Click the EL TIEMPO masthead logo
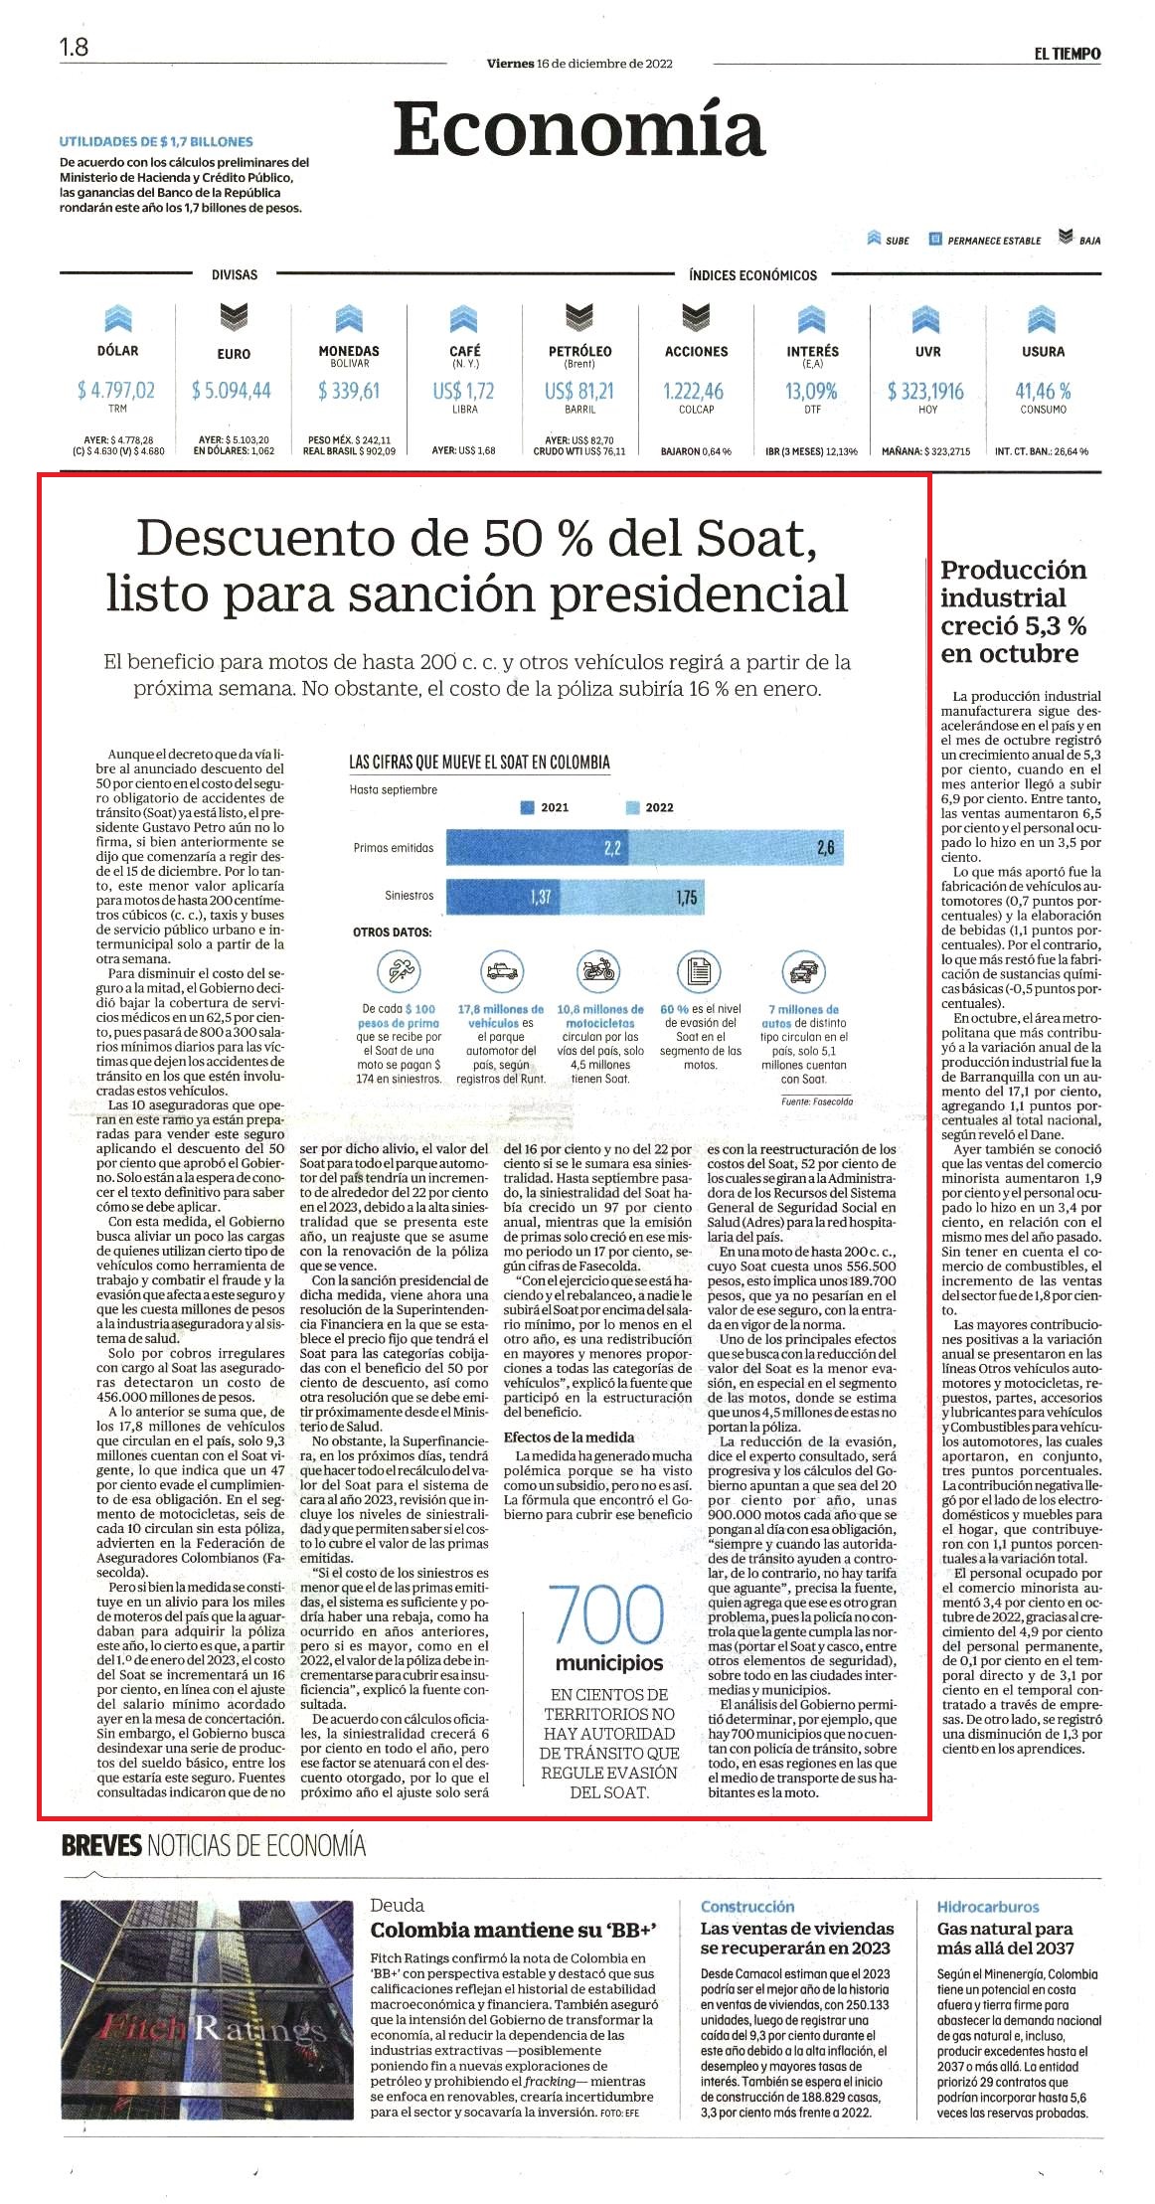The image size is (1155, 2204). pos(1067,54)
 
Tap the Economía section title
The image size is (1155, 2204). pos(578,130)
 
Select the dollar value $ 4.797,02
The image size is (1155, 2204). pos(116,391)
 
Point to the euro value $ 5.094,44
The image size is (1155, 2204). pos(232,391)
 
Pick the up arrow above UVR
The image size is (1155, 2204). pos(926,318)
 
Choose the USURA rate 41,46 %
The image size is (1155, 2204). pos(1043,391)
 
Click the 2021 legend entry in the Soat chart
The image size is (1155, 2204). pos(546,807)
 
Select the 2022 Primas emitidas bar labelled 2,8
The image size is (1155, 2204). pos(737,847)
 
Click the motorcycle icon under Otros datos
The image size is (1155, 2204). pos(599,969)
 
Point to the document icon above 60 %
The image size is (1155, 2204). pos(699,969)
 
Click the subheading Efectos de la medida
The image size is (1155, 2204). pos(569,1437)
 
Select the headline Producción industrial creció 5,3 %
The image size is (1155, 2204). pos(1014,611)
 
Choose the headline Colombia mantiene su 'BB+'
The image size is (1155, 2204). pos(514,1930)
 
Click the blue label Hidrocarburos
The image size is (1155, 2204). pos(988,1906)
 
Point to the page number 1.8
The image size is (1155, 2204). pos(74,47)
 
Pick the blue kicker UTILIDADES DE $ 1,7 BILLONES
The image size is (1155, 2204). pos(156,142)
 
